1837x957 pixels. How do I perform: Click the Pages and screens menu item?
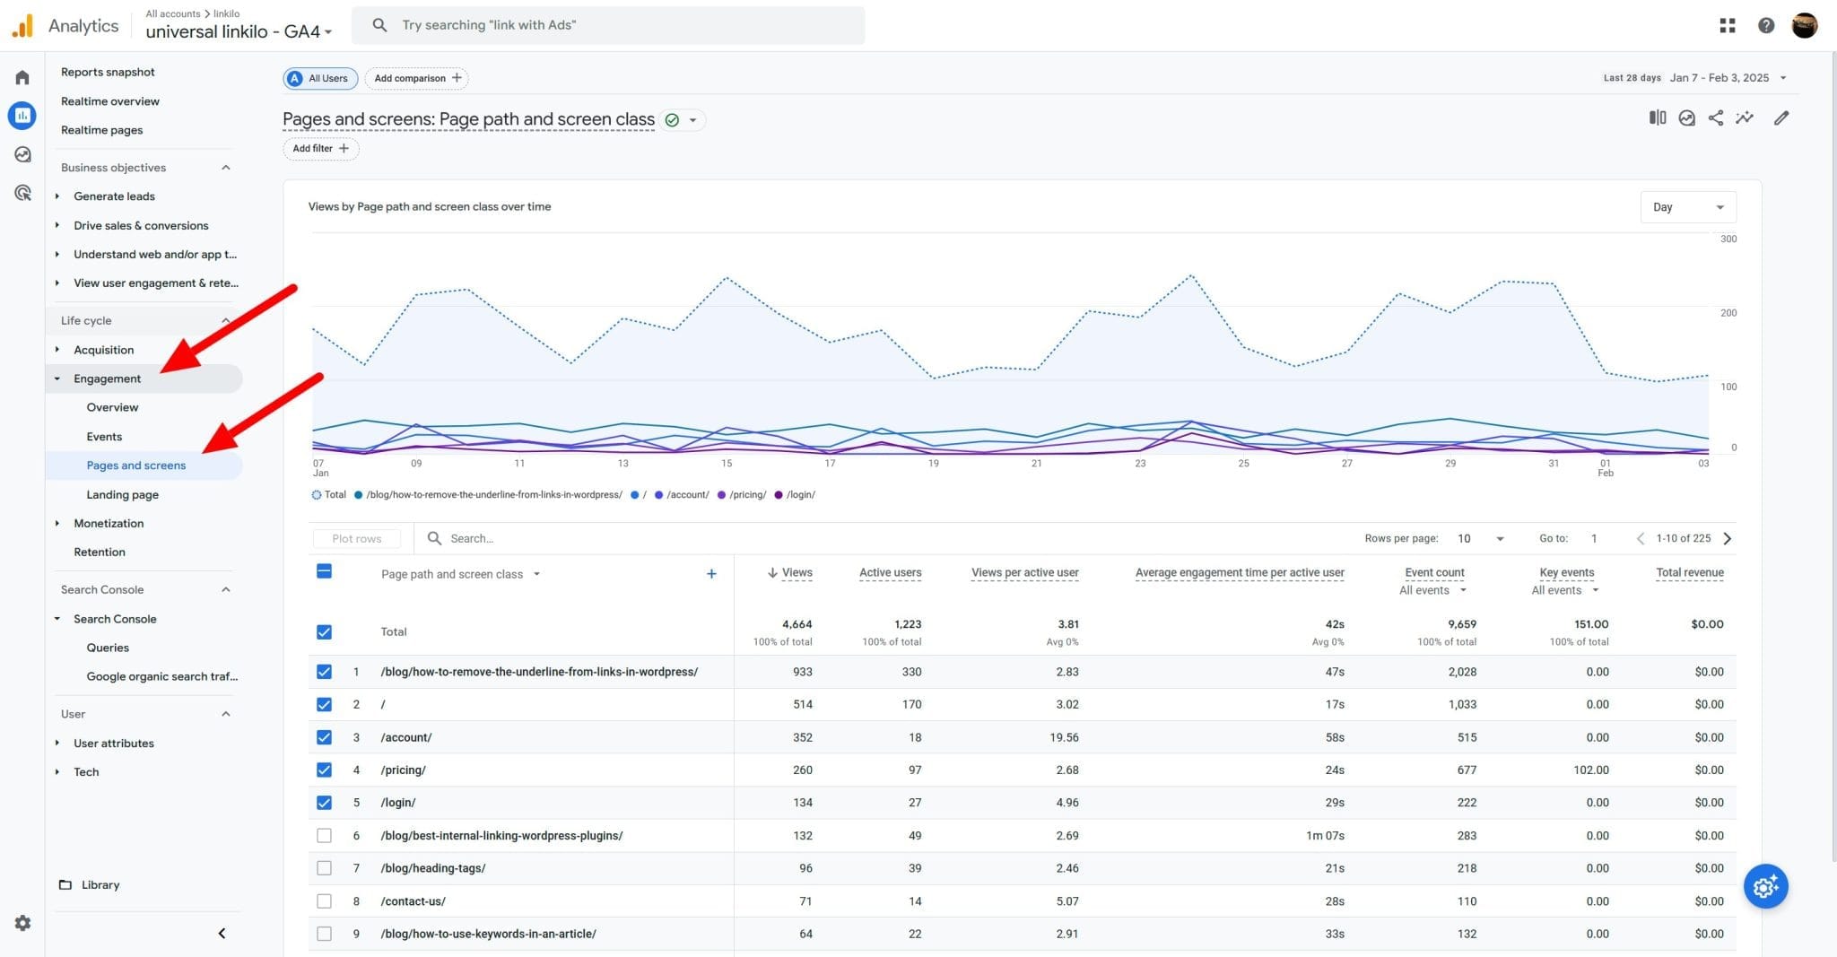pyautogui.click(x=136, y=465)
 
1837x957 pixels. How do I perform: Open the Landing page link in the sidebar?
pyautogui.click(x=123, y=494)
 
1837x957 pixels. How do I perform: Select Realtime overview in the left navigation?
pyautogui.click(x=110, y=101)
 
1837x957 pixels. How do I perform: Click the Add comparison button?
pyautogui.click(x=417, y=78)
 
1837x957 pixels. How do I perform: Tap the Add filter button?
pyautogui.click(x=320, y=149)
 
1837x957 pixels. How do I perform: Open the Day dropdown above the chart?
pyautogui.click(x=1687, y=207)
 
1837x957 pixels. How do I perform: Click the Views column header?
pyautogui.click(x=796, y=572)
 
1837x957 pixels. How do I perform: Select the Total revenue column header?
pyautogui.click(x=1689, y=572)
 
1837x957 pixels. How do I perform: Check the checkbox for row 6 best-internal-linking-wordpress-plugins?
pyautogui.click(x=324, y=836)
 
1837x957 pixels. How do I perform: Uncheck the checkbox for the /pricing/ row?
pyautogui.click(x=324, y=770)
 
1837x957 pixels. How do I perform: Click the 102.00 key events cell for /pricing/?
pyautogui.click(x=1590, y=770)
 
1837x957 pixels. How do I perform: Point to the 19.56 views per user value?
pyautogui.click(x=1064, y=737)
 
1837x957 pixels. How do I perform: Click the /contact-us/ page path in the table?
pyautogui.click(x=414, y=900)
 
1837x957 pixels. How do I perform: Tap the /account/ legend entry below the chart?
pyautogui.click(x=687, y=495)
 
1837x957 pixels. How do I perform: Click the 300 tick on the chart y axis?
pyautogui.click(x=1728, y=239)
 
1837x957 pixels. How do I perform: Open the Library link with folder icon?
pyautogui.click(x=100, y=884)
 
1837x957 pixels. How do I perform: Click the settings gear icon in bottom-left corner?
pyautogui.click(x=22, y=923)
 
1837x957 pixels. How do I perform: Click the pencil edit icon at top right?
pyautogui.click(x=1781, y=118)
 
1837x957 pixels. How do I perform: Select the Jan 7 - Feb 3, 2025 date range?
pyautogui.click(x=1719, y=78)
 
